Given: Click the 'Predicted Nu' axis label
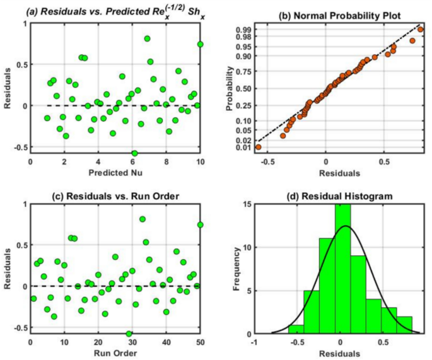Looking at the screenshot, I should click(x=116, y=171).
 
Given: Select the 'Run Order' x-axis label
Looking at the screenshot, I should click(x=116, y=352).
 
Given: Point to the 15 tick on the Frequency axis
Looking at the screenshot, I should click(x=248, y=204).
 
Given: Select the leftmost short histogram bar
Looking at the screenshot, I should click(x=296, y=329).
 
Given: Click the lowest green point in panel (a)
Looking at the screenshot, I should click(x=134, y=153).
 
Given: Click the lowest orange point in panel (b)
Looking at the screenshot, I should click(x=258, y=147).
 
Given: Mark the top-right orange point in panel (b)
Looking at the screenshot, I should click(x=421, y=29).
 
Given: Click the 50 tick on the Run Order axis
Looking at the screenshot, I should click(x=201, y=342).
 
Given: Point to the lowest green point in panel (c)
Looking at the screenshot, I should click(x=129, y=334).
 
